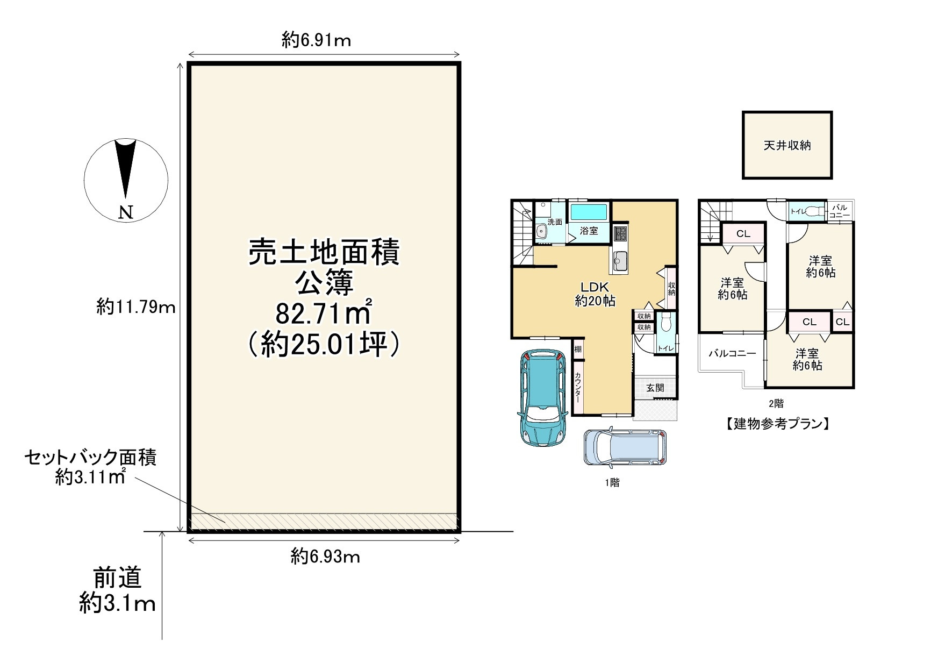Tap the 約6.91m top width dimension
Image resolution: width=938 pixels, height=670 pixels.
pyautogui.click(x=317, y=40)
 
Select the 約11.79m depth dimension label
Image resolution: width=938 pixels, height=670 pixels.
pyautogui.click(x=136, y=307)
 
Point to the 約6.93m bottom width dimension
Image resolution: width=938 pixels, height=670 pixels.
pyautogui.click(x=325, y=557)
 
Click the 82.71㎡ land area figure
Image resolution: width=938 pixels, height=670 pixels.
pyautogui.click(x=324, y=313)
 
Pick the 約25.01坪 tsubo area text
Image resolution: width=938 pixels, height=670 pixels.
pyautogui.click(x=324, y=344)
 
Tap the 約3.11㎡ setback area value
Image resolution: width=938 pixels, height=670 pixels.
pyautogui.click(x=91, y=476)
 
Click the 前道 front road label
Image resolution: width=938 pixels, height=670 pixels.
pyautogui.click(x=117, y=578)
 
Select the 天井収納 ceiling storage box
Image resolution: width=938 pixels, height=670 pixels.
pyautogui.click(x=787, y=145)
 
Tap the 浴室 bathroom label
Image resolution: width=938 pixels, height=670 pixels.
pyautogui.click(x=589, y=231)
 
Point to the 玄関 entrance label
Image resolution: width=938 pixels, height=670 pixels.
pyautogui.click(x=655, y=388)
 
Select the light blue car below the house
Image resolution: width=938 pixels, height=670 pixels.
pyautogui.click(x=625, y=447)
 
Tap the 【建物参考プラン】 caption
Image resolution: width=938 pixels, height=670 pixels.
pyautogui.click(x=775, y=424)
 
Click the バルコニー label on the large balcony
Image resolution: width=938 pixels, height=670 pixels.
pyautogui.click(x=732, y=354)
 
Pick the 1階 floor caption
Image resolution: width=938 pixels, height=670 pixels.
pyautogui.click(x=612, y=483)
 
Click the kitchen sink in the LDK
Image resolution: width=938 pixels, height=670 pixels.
pyautogui.click(x=620, y=262)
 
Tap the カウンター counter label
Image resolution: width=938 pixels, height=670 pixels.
pyautogui.click(x=578, y=388)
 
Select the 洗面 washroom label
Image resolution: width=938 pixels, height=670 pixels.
pyautogui.click(x=555, y=222)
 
